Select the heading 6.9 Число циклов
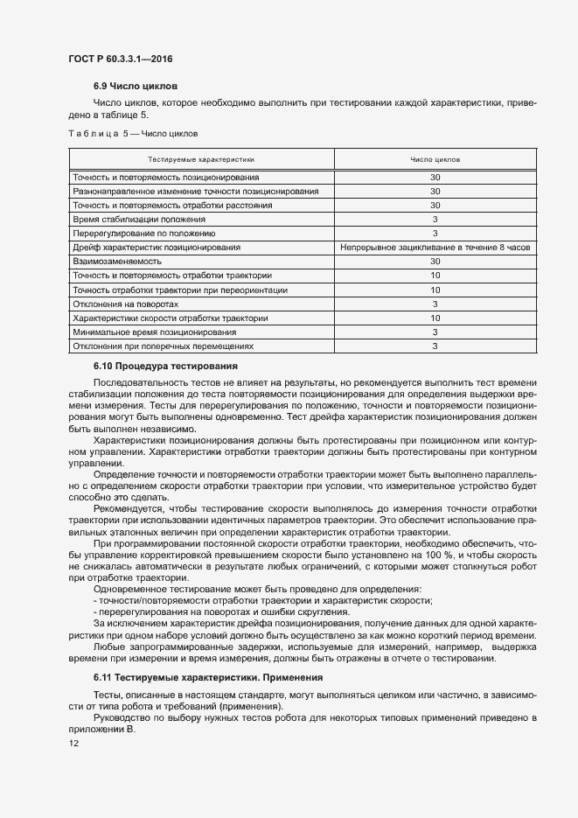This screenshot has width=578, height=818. coord(135,87)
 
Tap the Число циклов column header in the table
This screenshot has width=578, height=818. coord(435,160)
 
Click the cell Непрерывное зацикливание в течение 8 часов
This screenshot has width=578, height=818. coord(435,248)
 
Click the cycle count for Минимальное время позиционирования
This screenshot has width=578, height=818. coord(435,332)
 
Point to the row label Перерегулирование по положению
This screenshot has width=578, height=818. coord(143,234)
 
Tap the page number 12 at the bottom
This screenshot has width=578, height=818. coord(74,743)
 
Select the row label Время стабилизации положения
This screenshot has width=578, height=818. coord(140,220)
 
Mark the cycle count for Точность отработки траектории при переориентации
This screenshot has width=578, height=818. coord(435,290)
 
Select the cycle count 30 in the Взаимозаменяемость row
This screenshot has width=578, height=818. coord(435,262)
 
